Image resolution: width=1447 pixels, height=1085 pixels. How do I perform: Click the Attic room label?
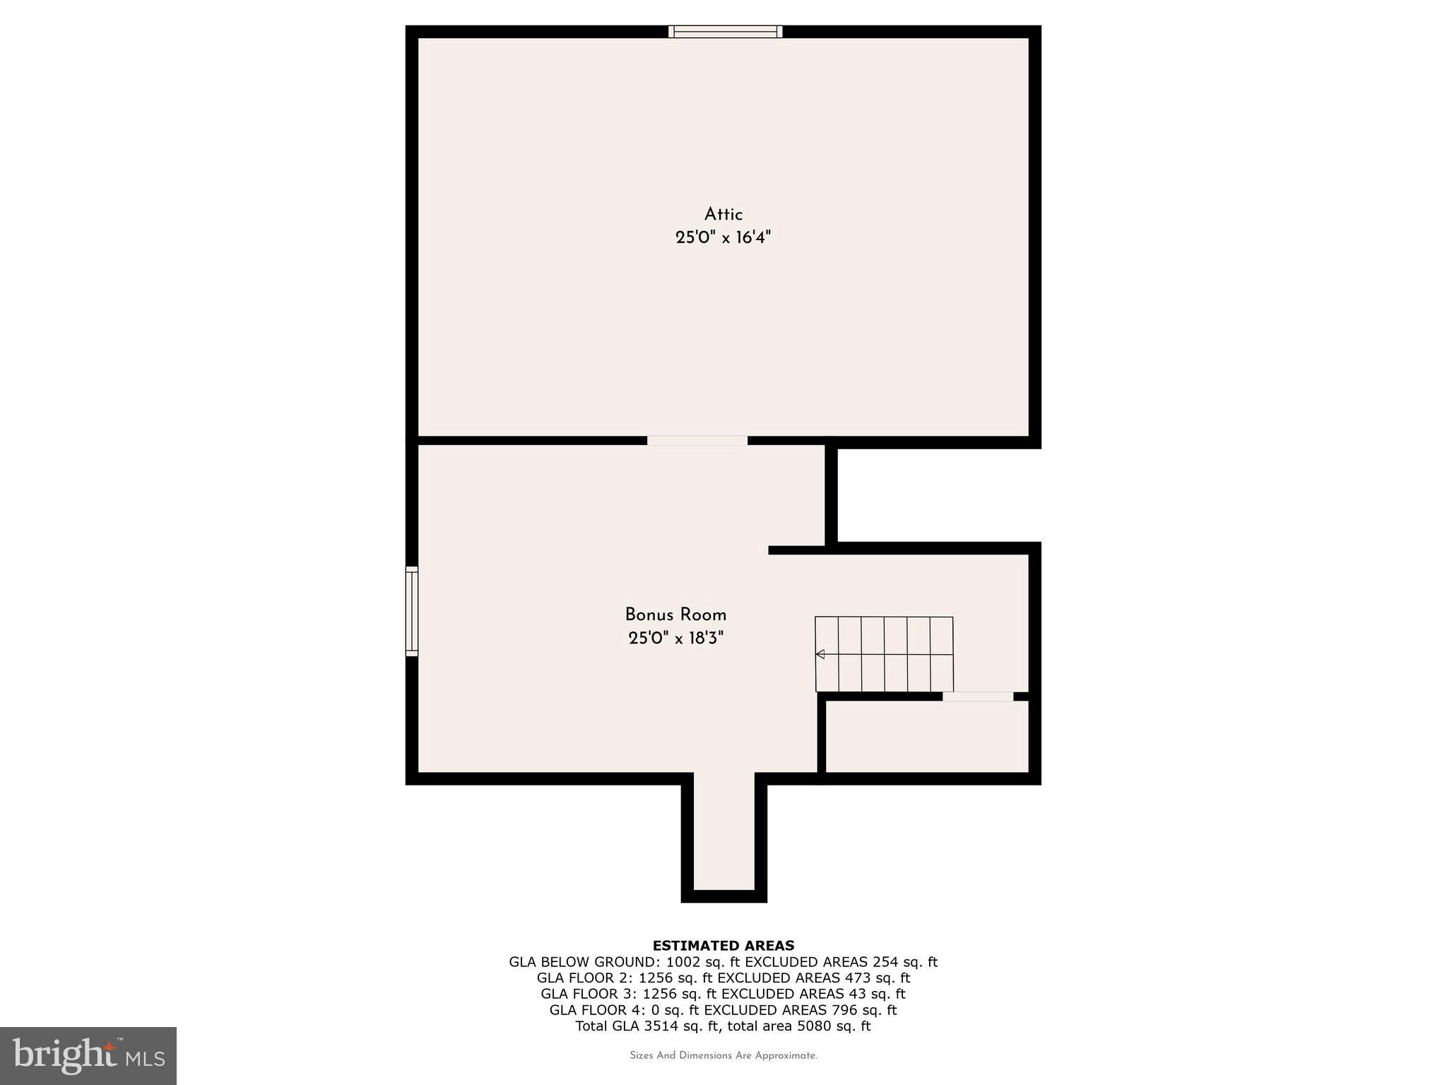[723, 214]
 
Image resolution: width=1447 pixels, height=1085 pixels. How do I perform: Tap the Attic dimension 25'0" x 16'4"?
[723, 237]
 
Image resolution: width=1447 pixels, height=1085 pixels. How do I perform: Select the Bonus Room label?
[675, 615]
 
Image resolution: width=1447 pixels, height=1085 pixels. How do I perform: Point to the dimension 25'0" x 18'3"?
[675, 639]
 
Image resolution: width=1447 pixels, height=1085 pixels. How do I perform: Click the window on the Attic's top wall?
[726, 31]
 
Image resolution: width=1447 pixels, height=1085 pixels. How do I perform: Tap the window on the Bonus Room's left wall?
[411, 611]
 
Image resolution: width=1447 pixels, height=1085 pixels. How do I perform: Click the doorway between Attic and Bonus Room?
[697, 441]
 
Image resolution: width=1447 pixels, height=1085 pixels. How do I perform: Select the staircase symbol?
[884, 654]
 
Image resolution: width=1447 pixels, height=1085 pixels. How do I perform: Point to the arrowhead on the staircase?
[820, 654]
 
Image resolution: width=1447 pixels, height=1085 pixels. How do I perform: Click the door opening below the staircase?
[977, 696]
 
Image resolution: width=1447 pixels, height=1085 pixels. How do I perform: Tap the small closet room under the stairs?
[926, 737]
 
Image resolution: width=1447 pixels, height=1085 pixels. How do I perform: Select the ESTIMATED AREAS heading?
[723, 945]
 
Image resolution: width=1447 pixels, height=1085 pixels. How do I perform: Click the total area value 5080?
[813, 1026]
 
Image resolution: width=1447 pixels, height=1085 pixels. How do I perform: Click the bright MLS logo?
[88, 1055]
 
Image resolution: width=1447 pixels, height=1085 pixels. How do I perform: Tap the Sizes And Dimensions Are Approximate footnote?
[723, 1056]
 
